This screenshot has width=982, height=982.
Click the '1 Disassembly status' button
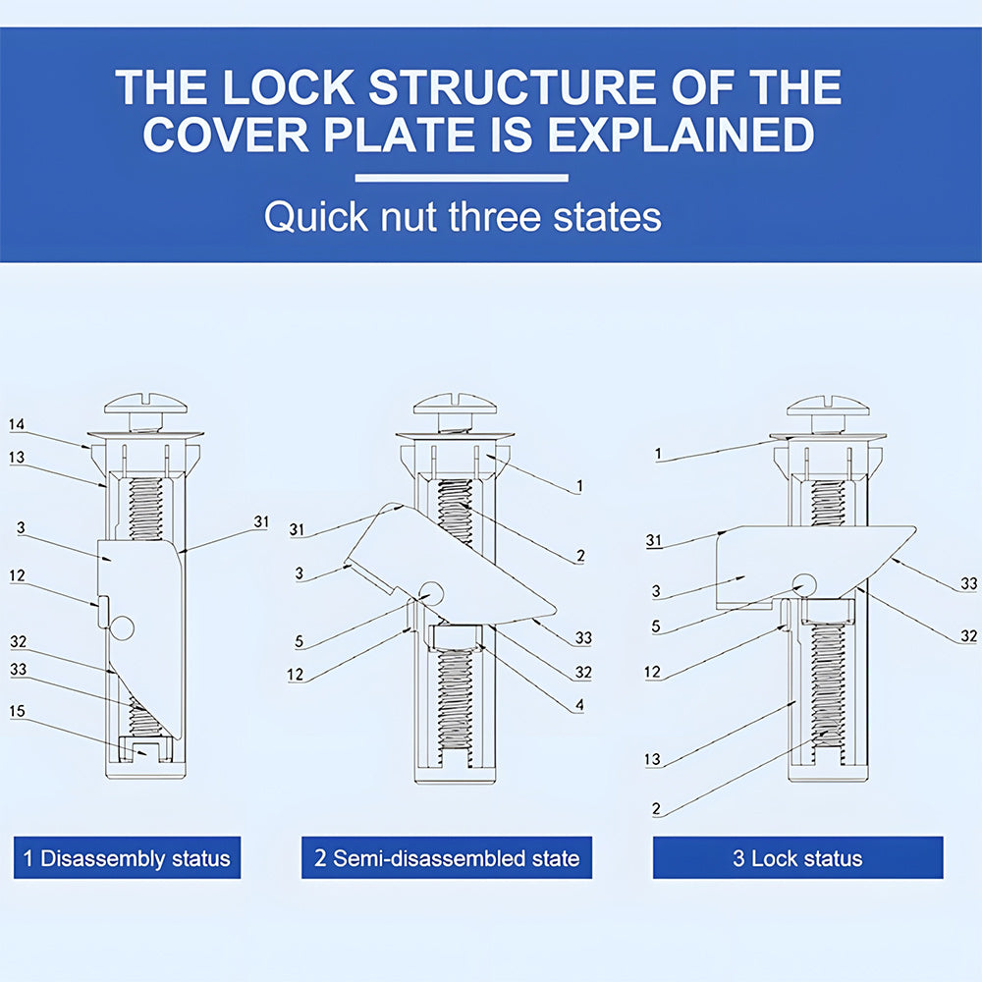[x=126, y=858]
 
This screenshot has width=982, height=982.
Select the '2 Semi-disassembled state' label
[x=447, y=858]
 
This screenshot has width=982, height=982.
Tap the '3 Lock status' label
[x=797, y=858]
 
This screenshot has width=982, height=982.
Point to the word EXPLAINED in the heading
[x=681, y=135]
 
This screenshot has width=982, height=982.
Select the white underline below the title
[x=462, y=179]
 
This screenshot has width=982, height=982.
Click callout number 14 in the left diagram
[x=17, y=424]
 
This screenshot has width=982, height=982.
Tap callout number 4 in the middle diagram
[x=579, y=704]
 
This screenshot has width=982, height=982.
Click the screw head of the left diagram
[x=145, y=404]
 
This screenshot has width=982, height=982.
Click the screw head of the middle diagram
[x=454, y=404]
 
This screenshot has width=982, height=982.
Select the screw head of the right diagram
[x=830, y=405]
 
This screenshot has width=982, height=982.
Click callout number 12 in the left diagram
[x=17, y=575]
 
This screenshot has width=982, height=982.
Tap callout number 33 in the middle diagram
[x=583, y=638]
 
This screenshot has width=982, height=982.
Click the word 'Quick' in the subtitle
[x=303, y=217]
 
